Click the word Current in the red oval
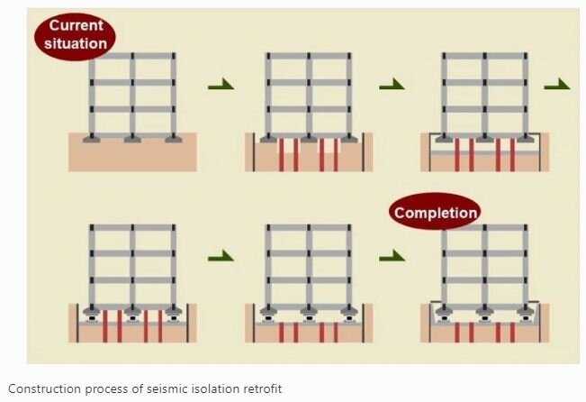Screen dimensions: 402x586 [77, 25]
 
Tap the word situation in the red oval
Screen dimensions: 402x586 [77, 42]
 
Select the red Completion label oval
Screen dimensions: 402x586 [436, 214]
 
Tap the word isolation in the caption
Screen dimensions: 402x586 [209, 388]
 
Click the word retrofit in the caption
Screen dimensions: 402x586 [258, 388]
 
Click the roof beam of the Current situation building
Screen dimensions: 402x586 [132, 55]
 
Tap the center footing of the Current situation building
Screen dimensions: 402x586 [132, 140]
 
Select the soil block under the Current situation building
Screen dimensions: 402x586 [132, 156]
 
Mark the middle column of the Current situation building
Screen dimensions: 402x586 [132, 95]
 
